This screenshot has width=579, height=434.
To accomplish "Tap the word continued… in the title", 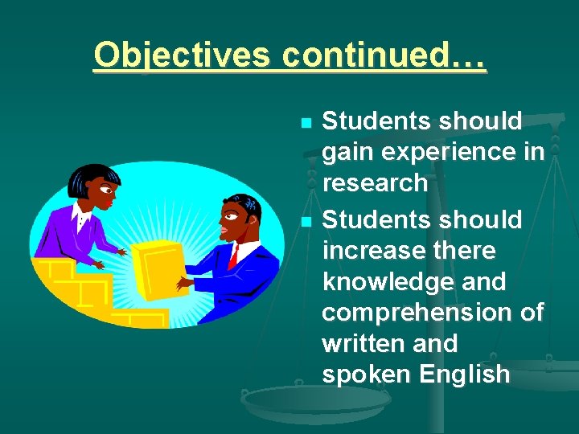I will pos(384,55).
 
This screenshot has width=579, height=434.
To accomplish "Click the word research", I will pos(375,183).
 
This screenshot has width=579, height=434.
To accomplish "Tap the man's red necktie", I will pos(234,256).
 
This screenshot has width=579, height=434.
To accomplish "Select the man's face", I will pos(235,219).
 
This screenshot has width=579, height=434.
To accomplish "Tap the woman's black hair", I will pos(84,175).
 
